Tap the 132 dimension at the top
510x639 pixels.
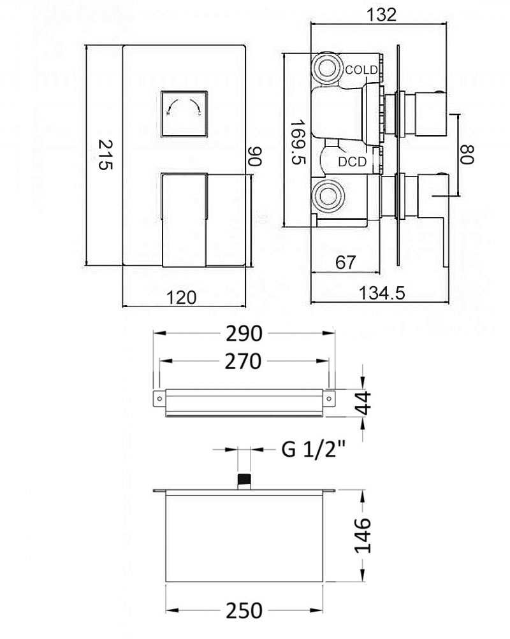[382, 14]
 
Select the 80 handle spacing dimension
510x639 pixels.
[469, 155]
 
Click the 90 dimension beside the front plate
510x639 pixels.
[254, 156]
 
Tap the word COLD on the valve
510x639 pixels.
[361, 69]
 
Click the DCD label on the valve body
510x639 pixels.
[352, 162]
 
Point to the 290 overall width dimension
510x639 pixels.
[245, 333]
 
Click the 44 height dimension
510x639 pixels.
[363, 403]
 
